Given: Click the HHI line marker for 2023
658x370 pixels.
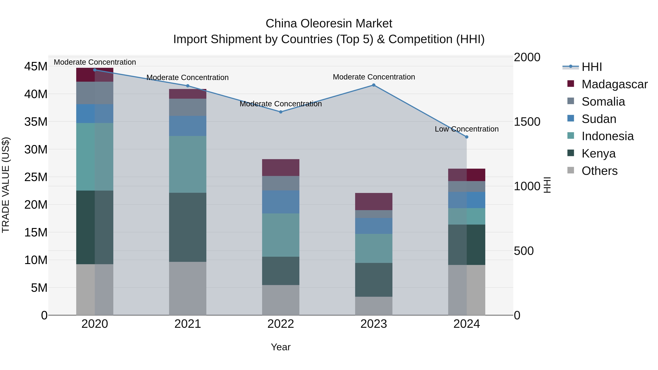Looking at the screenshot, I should pyautogui.click(x=373, y=85).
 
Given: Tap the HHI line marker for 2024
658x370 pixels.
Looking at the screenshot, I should pyautogui.click(x=466, y=137).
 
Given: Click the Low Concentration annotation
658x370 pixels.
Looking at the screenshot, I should pyautogui.click(x=466, y=129).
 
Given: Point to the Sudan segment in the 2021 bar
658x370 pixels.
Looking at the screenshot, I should pyautogui.click(x=188, y=126).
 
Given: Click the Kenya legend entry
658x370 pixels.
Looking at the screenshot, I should pyautogui.click(x=598, y=153).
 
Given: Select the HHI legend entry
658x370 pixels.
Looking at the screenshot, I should pyautogui.click(x=592, y=67).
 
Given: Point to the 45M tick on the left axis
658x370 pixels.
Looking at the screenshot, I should pyautogui.click(x=36, y=66).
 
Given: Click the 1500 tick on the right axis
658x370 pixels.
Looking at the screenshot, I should pyautogui.click(x=527, y=122).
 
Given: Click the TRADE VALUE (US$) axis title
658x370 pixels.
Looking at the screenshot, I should pyautogui.click(x=6, y=185).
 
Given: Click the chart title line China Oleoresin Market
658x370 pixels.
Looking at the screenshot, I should pyautogui.click(x=329, y=24).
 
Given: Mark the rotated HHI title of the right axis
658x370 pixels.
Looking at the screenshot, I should pyautogui.click(x=547, y=185).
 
